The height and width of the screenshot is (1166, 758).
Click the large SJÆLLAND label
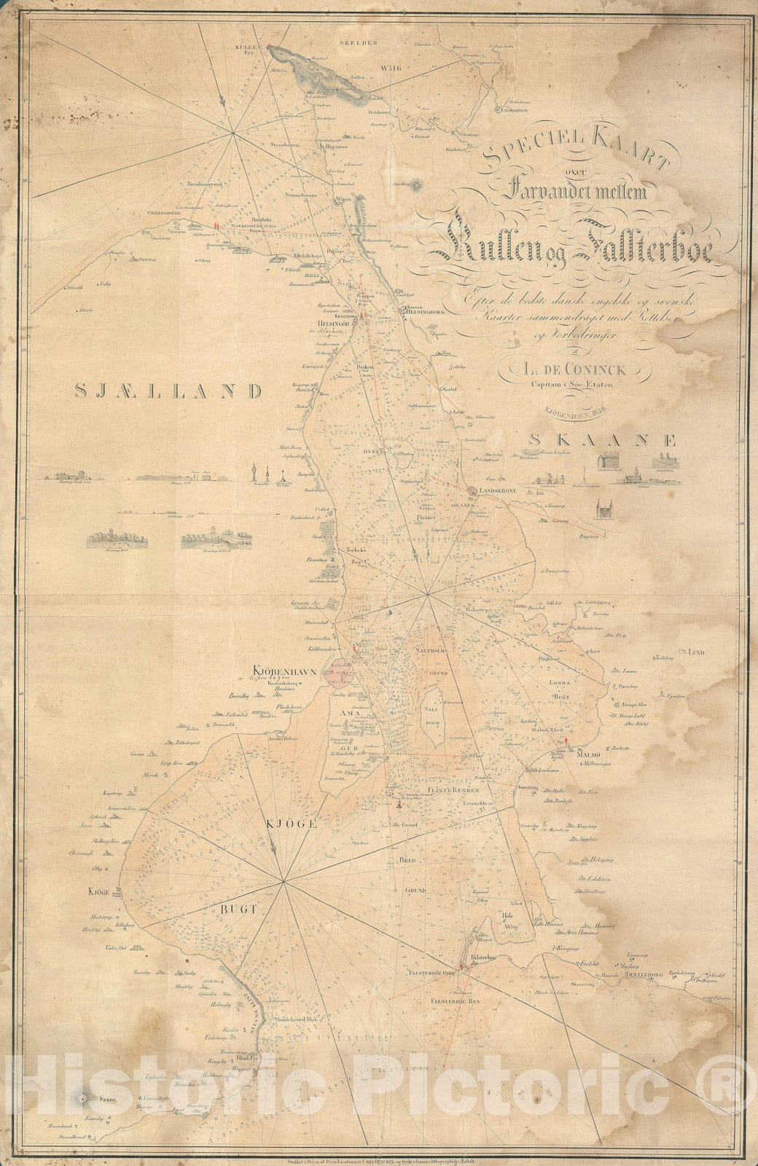click(x=167, y=391)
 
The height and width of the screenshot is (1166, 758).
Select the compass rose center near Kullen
click(x=233, y=132)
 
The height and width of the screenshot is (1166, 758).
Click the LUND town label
click(x=693, y=652)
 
